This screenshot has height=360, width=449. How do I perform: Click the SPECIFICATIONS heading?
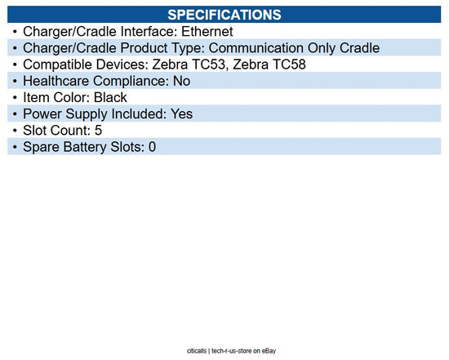tap(224, 14)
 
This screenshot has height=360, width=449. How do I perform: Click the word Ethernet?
tap(207, 31)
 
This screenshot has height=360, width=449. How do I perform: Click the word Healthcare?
tap(59, 81)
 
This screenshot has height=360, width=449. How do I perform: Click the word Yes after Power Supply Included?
tap(180, 113)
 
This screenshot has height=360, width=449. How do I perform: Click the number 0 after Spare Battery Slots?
tap(151, 147)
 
